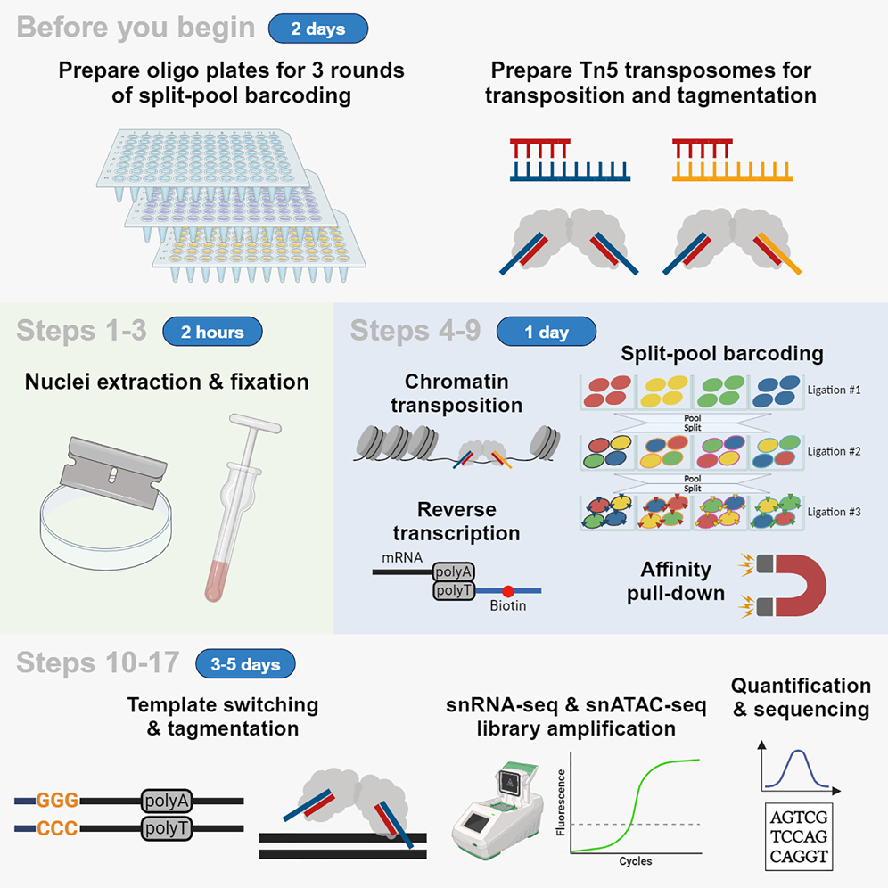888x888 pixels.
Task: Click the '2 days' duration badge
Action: [x=318, y=29]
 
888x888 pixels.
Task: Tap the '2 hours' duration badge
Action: [x=212, y=332]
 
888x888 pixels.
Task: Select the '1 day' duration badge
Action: [x=546, y=332]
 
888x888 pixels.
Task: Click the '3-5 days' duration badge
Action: [x=245, y=664]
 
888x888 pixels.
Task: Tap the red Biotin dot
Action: [x=507, y=590]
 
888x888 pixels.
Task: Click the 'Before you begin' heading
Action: [x=136, y=27]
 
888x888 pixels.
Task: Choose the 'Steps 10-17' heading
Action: [x=98, y=663]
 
